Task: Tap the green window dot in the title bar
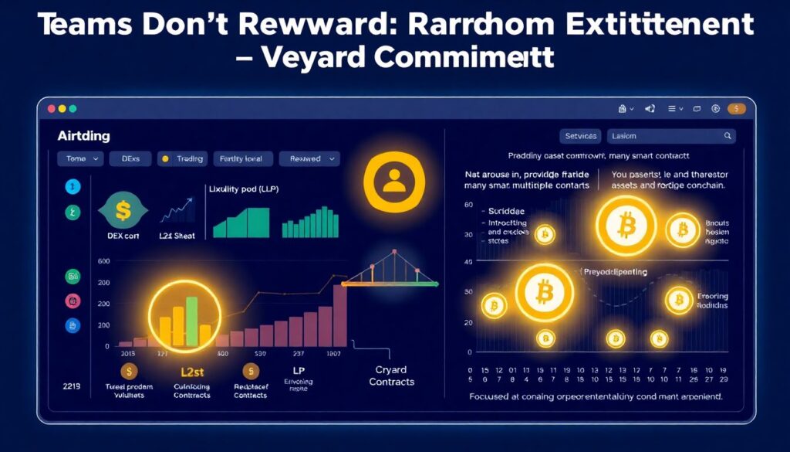pyautogui.click(x=73, y=110)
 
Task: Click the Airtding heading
pyautogui.click(x=83, y=136)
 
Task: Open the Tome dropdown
pyautogui.click(x=79, y=159)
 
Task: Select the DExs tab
pyautogui.click(x=130, y=159)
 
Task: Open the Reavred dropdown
pyautogui.click(x=309, y=159)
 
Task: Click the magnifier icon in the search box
pyautogui.click(x=727, y=136)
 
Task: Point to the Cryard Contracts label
pyautogui.click(x=391, y=376)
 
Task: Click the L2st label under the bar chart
pyautogui.click(x=191, y=372)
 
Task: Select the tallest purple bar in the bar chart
pyautogui.click(x=339, y=314)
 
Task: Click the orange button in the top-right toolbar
pyautogui.click(x=737, y=110)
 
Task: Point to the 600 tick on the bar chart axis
pyautogui.click(x=104, y=261)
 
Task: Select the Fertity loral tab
pyautogui.click(x=242, y=159)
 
